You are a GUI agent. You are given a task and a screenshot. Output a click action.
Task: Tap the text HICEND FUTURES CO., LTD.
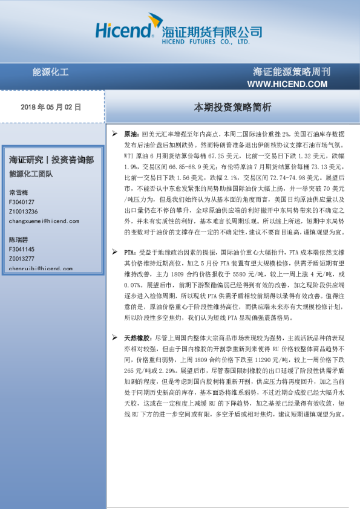(206, 43)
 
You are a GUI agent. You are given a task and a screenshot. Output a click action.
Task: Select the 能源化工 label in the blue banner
(50, 73)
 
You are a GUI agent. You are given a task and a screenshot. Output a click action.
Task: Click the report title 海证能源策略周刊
(292, 72)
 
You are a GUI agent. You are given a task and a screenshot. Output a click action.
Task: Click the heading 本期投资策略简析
(232, 107)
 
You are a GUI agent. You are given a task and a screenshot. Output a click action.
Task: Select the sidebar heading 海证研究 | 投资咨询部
(51, 160)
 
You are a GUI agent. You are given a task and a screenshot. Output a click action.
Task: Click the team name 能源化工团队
(31, 174)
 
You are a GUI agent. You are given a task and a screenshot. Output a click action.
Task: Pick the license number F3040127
(22, 202)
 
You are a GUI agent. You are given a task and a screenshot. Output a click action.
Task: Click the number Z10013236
(24, 212)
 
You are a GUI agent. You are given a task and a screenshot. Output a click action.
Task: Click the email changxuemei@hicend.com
(41, 221)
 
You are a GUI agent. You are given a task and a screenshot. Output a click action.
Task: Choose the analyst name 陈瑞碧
(19, 239)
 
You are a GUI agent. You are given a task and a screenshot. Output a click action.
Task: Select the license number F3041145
(22, 249)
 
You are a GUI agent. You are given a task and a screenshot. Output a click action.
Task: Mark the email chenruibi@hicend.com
(40, 268)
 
